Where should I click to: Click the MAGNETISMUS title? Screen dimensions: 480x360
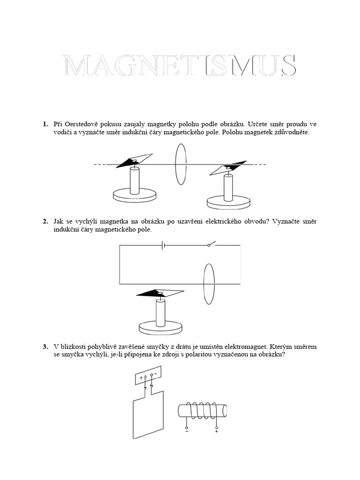pos(180,66)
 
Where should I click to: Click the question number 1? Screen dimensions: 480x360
pos(45,124)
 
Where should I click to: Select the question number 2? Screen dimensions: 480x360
pos(45,221)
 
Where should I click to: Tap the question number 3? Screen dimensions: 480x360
pos(45,347)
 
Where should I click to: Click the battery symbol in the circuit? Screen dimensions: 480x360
pos(163,245)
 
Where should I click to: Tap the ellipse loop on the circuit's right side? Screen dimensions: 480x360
pos(209,284)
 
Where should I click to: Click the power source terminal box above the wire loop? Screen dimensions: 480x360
pos(148,376)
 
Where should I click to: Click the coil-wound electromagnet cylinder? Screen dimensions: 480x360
pos(202,411)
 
